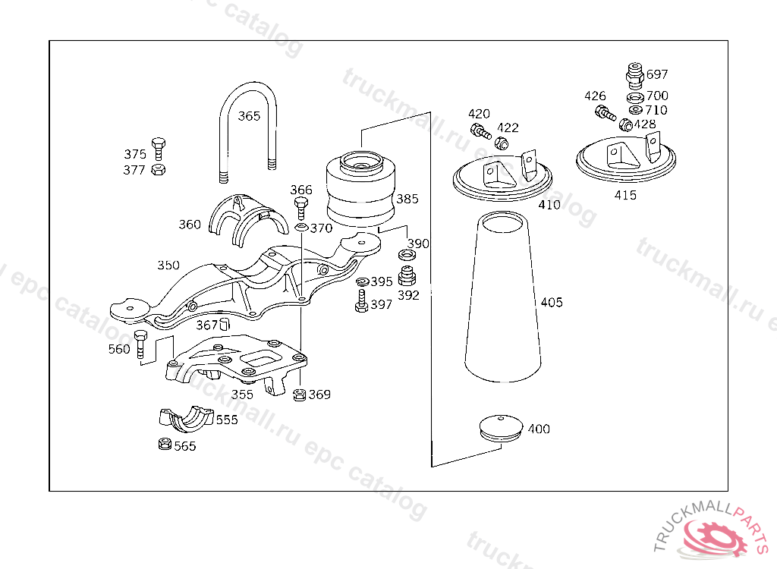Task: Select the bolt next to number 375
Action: [158, 148]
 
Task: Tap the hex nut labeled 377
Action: [158, 169]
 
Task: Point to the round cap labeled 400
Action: [501, 427]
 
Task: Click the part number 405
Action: [552, 303]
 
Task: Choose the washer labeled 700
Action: [635, 97]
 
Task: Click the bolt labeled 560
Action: [140, 344]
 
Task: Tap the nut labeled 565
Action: [163, 445]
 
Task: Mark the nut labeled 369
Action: [299, 394]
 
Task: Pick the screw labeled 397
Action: [361, 303]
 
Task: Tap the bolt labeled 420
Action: [480, 130]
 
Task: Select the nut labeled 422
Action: [502, 143]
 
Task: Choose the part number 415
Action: [626, 195]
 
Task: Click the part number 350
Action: [168, 265]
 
